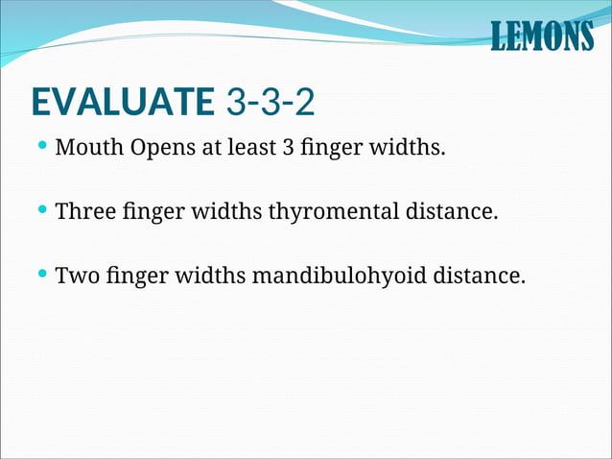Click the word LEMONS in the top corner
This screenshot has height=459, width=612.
click(541, 36)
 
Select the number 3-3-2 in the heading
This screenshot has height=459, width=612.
click(271, 100)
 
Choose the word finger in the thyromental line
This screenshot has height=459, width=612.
click(153, 212)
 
